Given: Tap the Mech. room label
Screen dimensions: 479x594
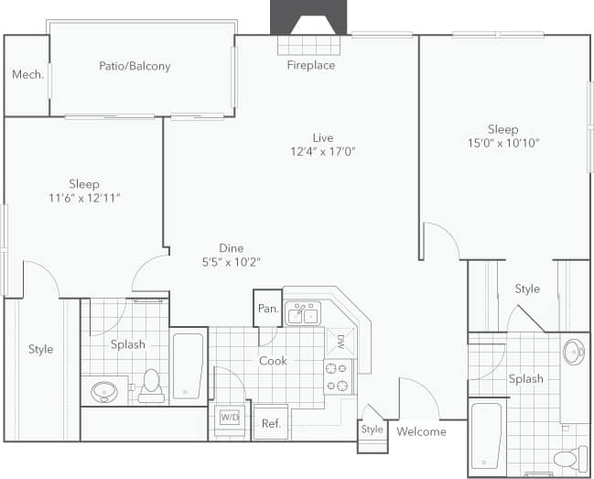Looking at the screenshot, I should pos(27,75).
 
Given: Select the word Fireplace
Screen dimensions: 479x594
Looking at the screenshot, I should pos(311,65).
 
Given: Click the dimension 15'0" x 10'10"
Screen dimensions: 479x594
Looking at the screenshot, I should pos(502,143).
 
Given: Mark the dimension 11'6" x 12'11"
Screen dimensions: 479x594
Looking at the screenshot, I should pos(83,198).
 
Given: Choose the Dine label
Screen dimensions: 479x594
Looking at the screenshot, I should pos(231,247).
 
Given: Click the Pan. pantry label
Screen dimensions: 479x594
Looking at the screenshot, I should pos(268,309).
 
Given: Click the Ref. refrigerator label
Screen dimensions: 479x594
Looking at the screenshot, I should pos(271,423).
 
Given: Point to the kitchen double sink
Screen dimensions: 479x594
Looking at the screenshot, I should pos(301,314).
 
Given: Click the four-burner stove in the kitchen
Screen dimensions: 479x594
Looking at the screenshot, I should pos(338,375).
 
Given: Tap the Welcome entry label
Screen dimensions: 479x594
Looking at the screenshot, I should pos(421,431).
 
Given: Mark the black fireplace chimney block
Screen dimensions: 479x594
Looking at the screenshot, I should pos(308,16).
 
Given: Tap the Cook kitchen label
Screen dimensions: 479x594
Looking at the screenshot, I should pos(273,361).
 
